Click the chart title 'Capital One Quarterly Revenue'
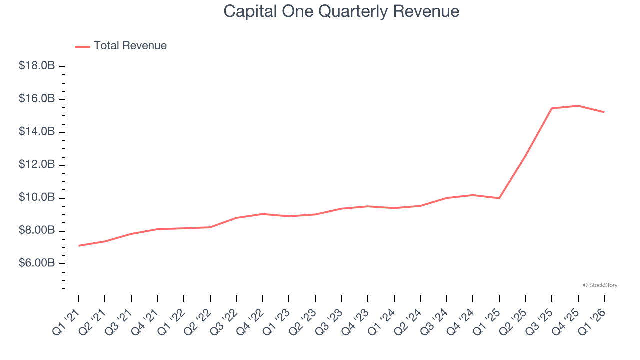341,11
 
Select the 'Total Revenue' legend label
130,46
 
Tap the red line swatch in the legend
82,46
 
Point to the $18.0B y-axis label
37,66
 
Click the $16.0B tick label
37,99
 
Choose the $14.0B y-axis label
37,132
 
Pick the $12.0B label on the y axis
37,165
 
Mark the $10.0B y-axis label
37,198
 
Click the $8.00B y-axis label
37,231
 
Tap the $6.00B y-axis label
37,263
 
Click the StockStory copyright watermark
600,285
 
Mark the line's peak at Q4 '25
578,106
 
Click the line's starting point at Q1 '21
79,245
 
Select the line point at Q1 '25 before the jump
499,198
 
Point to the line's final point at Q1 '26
604,112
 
